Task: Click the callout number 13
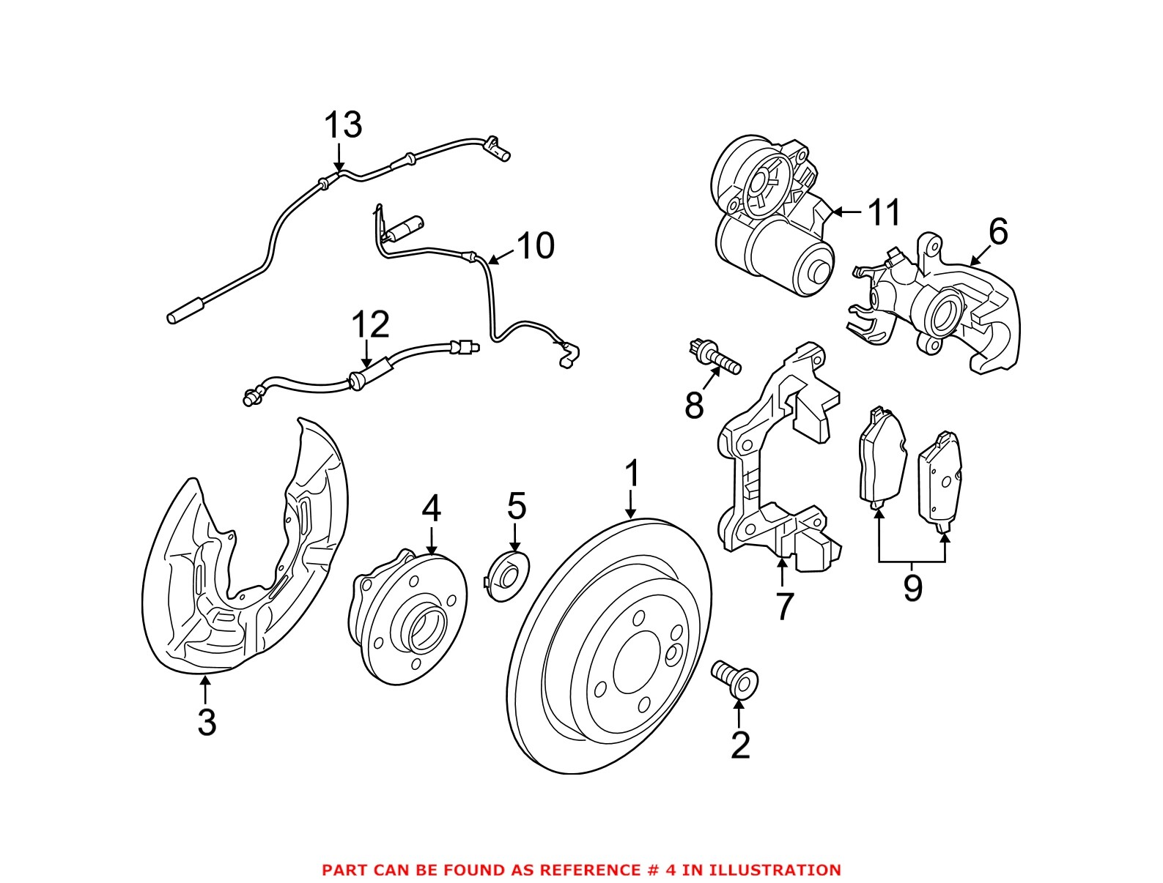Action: (343, 125)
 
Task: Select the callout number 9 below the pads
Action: (912, 587)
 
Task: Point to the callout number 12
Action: (370, 325)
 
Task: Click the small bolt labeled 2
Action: (735, 677)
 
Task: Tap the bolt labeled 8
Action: (716, 356)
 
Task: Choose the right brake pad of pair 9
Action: (939, 480)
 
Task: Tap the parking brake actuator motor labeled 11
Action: (769, 220)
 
